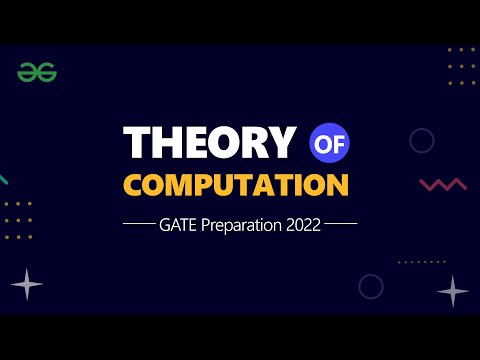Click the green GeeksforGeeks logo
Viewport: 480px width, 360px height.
tap(37, 72)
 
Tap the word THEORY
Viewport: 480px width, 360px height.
tap(209, 144)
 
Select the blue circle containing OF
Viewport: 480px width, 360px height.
tap(329, 143)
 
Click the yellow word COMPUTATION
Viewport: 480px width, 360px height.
tap(236, 186)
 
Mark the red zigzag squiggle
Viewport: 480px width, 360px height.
tap(443, 185)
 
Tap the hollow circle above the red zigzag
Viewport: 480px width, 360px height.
tap(422, 141)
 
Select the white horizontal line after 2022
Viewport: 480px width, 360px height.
tap(341, 226)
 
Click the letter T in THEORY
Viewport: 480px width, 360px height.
tap(136, 144)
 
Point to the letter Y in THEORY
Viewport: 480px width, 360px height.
tap(283, 144)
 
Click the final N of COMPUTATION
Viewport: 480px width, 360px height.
tap(338, 186)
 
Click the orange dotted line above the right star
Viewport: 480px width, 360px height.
tap(421, 262)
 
